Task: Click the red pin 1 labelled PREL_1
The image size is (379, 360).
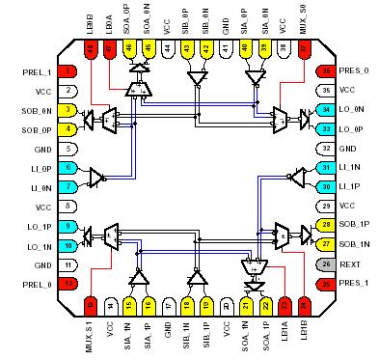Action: [68, 71]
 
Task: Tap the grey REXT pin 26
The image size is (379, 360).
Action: [326, 264]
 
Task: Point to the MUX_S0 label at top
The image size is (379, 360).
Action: [306, 22]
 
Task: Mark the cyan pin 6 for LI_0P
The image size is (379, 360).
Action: [68, 167]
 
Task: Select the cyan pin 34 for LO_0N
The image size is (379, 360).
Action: [326, 109]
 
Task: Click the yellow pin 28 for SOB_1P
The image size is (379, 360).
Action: [326, 226]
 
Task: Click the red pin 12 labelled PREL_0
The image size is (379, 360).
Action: [68, 284]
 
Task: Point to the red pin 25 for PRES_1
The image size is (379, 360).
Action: [326, 284]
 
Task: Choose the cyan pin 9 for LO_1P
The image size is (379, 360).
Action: [68, 226]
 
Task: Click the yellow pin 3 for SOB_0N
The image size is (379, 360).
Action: [68, 110]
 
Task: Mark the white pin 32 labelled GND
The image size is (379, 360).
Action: [326, 148]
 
